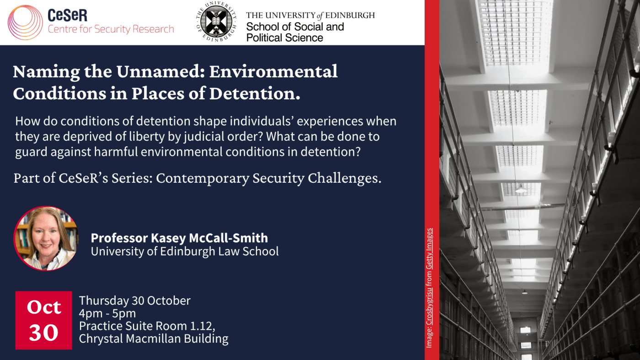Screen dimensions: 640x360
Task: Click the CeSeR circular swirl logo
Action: pos(25,22)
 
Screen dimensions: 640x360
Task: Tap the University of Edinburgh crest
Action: pos(216,21)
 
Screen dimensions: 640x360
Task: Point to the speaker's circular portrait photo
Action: pos(46,238)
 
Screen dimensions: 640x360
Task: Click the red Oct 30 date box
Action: pos(44,320)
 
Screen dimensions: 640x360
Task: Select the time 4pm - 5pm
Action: pos(107,313)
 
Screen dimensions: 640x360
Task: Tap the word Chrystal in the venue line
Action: pos(101,339)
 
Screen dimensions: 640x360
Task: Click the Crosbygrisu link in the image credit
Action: pos(429,307)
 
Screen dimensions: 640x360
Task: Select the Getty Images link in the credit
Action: pos(429,249)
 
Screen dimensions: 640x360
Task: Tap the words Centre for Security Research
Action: pos(111,29)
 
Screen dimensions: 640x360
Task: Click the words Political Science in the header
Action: pos(284,37)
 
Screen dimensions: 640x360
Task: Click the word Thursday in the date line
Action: pos(104,301)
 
